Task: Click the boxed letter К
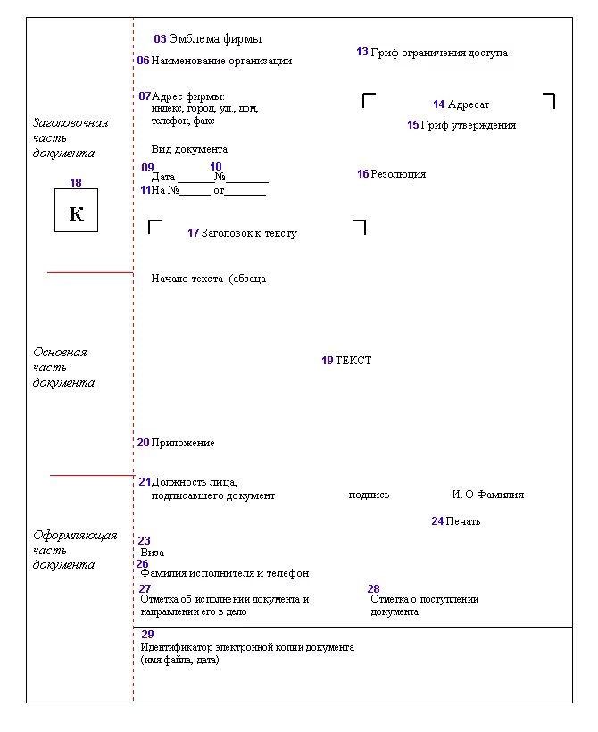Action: pos(76,215)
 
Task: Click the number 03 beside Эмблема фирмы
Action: pos(160,39)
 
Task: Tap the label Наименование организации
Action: pos(221,62)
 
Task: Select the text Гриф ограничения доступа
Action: pos(439,53)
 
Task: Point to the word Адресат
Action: pos(469,104)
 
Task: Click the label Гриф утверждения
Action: pos(468,125)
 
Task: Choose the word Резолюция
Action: pos(398,174)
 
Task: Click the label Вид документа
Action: pos(189,149)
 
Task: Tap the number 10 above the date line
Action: pos(216,167)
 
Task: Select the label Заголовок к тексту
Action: pos(249,233)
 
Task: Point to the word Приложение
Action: pos(183,443)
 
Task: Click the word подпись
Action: pos(369,495)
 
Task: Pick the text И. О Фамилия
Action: pos(487,495)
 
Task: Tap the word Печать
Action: pos(462,521)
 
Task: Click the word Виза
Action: pos(153,553)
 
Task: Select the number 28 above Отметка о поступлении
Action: pos(374,589)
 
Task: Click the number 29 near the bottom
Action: pos(147,634)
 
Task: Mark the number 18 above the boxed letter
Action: pos(76,183)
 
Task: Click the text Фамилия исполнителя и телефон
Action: pos(225,574)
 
